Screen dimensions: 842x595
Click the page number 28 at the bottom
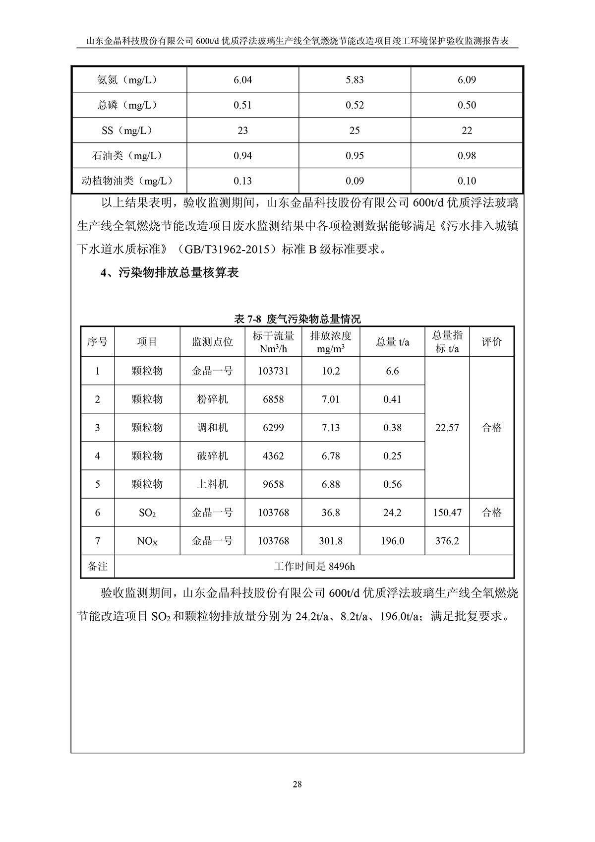[297, 784]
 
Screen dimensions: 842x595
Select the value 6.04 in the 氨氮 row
[242, 80]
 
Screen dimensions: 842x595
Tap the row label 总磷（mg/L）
[129, 105]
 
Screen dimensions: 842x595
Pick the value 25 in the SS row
[355, 130]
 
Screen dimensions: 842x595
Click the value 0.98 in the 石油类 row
[467, 156]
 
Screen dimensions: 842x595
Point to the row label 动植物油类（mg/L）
[129, 181]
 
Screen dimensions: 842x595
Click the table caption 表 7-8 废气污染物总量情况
[297, 319]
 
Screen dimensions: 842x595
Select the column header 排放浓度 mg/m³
[331, 342]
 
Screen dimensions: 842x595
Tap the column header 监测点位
[212, 342]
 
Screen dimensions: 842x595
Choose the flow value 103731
[273, 371]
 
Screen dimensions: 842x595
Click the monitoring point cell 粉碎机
[212, 399]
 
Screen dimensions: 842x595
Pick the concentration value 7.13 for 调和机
[331, 428]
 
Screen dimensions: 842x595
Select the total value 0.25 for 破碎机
[392, 456]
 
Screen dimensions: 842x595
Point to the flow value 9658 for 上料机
[273, 484]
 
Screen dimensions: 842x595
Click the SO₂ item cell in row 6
[147, 513]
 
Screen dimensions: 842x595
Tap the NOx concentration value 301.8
[331, 541]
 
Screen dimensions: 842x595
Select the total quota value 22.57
[447, 428]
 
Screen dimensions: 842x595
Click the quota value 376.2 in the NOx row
[447, 541]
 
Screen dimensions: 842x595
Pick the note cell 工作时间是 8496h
[314, 566]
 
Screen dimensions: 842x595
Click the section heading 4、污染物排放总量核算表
[170, 273]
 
